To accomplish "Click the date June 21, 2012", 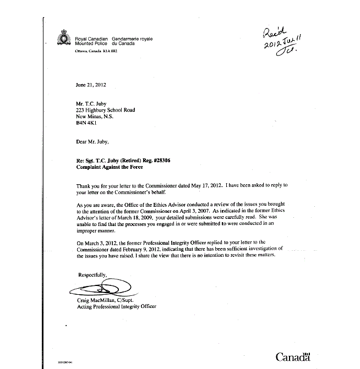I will click(x=91, y=85).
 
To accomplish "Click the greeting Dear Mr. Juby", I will click(x=92, y=141).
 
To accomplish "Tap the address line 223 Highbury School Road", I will click(x=106, y=110).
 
